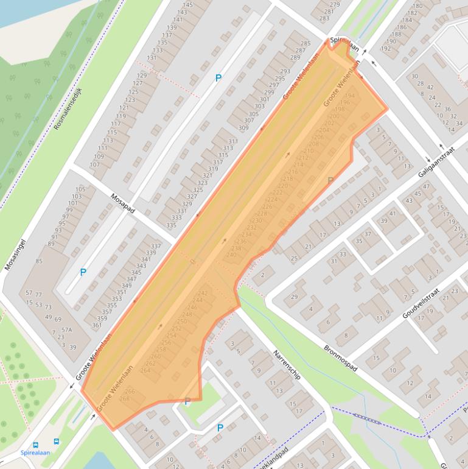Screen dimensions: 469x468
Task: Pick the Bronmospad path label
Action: coord(340,359)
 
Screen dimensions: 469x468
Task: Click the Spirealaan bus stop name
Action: coord(35,453)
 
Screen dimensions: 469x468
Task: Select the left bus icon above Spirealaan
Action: coord(36,444)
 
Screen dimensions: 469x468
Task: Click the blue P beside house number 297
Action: coord(218,78)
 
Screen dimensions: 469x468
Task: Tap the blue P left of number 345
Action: coord(83,272)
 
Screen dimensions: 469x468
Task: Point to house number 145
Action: coord(187,5)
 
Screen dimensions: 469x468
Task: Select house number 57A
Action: coord(67,330)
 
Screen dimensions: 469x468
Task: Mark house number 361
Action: coord(97,325)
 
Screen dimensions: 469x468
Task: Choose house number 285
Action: coord(306,44)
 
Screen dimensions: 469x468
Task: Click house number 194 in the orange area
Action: coord(349,96)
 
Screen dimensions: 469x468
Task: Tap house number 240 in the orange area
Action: coord(231,255)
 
